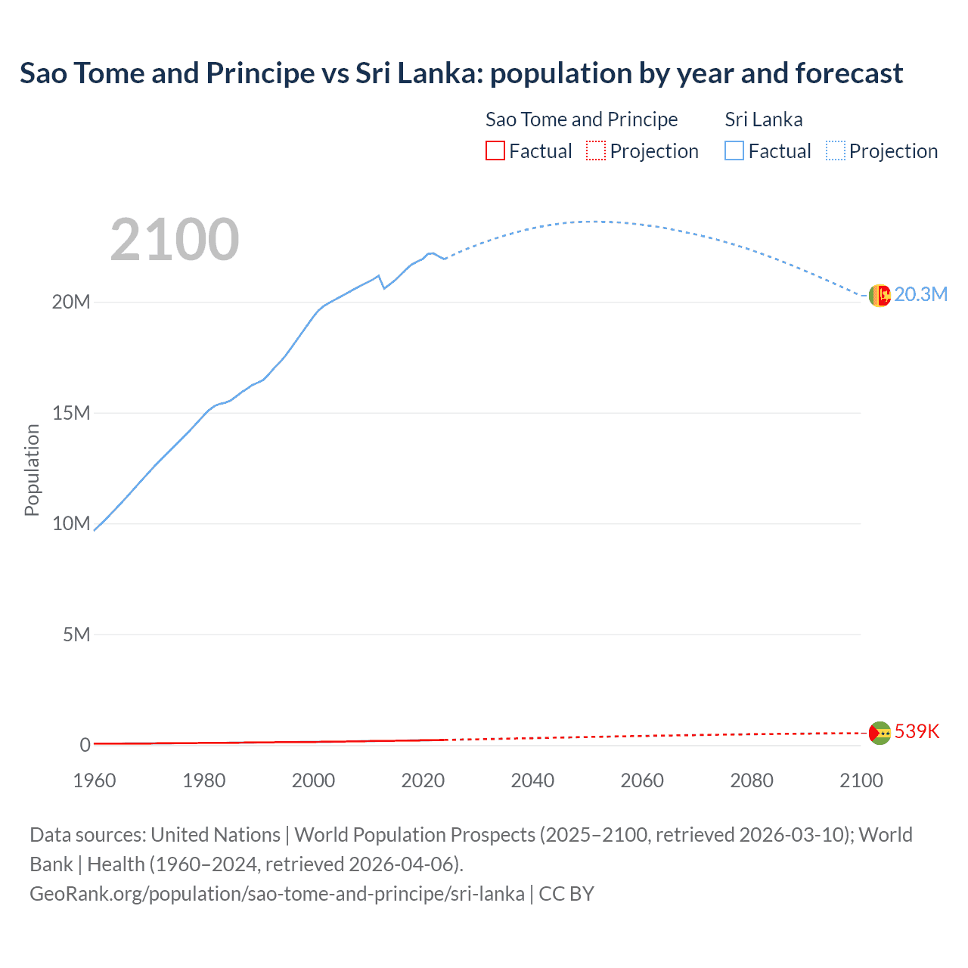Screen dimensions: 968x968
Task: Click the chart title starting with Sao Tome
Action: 461,73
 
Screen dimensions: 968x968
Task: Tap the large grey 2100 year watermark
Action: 175,240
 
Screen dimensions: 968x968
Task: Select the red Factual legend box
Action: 495,151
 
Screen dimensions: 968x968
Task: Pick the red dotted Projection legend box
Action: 596,151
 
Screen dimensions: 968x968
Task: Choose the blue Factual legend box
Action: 734,151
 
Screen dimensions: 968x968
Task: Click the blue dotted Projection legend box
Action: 836,151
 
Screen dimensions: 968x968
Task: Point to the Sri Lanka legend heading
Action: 763,119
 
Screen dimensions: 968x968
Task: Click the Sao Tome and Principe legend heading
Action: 581,119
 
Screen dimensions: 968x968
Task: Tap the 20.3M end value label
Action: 920,295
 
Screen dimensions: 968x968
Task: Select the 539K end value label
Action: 917,731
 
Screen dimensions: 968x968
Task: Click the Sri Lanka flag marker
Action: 880,296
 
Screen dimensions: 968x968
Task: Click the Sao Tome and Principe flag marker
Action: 880,732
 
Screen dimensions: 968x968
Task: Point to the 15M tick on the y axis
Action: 72,413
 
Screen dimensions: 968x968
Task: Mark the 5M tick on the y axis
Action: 76,634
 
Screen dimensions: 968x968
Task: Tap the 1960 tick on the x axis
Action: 95,780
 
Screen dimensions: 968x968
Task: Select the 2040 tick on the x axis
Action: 532,780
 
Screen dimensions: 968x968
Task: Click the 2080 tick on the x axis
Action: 752,780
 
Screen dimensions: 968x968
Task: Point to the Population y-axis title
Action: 32,470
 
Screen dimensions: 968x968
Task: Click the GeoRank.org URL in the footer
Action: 277,894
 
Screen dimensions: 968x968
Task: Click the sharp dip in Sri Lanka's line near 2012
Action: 383,287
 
